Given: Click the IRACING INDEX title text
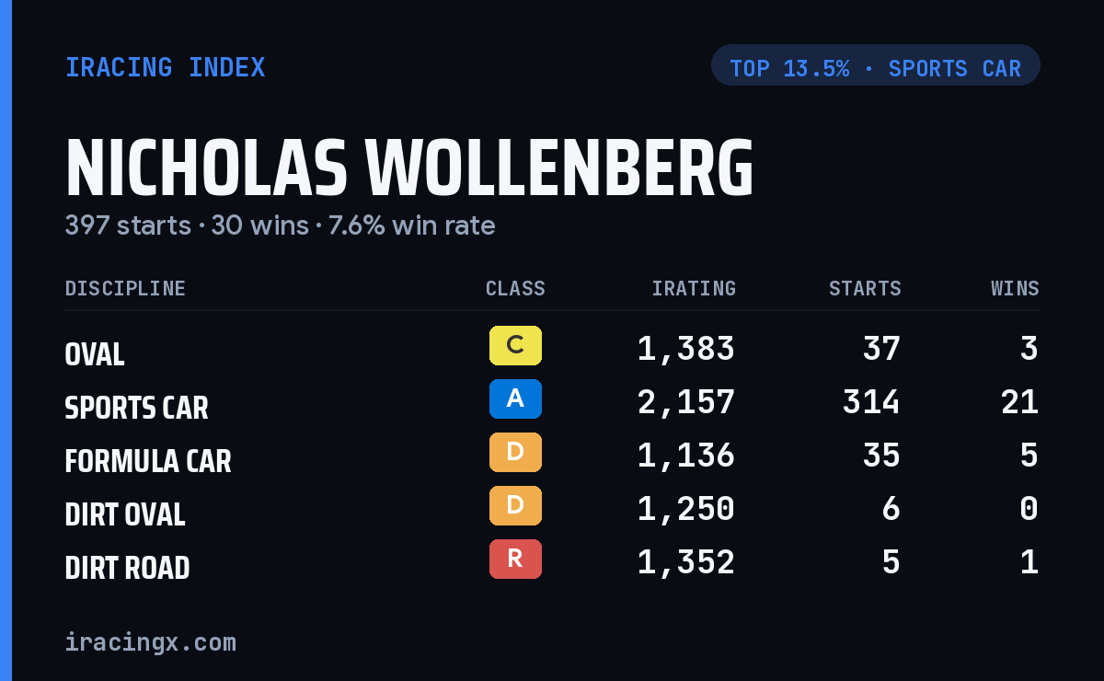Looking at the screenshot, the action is (x=166, y=67).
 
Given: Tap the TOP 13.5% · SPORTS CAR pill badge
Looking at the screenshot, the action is (x=875, y=65).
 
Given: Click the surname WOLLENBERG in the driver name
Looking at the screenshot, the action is (x=559, y=167).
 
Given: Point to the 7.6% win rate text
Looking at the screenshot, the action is (x=411, y=225).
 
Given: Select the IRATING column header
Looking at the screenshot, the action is (x=694, y=288).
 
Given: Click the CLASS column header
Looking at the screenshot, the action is (x=515, y=288).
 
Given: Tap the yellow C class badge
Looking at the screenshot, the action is (x=515, y=345).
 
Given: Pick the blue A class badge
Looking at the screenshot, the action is (x=515, y=398).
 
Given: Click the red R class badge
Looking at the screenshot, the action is (x=515, y=559).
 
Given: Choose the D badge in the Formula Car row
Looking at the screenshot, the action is (x=515, y=452).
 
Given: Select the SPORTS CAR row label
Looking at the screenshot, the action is (x=136, y=408).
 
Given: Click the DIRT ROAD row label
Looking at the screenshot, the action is (x=127, y=568).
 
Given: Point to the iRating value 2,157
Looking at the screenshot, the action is (x=686, y=402).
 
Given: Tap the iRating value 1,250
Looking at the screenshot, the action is (x=686, y=509).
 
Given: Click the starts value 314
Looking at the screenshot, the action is (x=871, y=402).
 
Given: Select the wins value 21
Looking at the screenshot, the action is (x=1019, y=402).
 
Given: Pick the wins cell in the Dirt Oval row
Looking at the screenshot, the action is (x=1029, y=509).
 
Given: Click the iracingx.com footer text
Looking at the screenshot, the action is (x=151, y=642).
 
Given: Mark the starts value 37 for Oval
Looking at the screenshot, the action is (x=881, y=349).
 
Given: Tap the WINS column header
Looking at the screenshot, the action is (x=1016, y=288).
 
